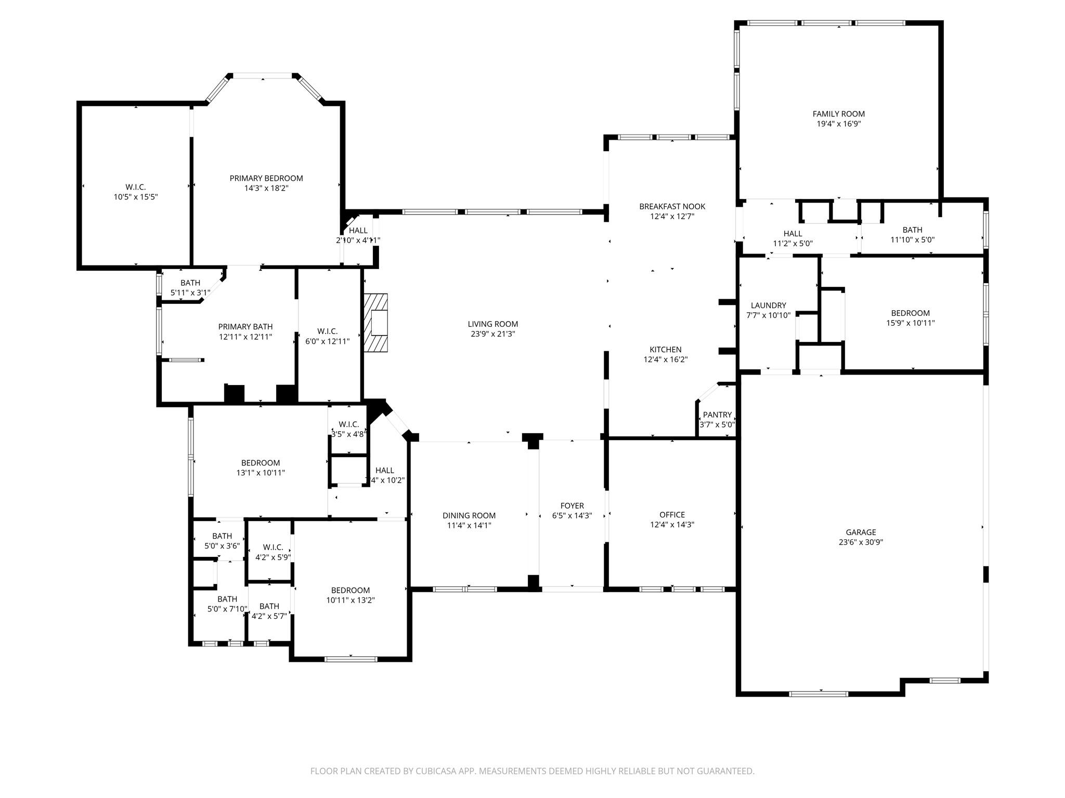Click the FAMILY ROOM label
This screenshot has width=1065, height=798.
[838, 114]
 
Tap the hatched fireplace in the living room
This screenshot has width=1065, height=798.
[376, 323]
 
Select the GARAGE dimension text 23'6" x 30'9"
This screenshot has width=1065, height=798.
[861, 542]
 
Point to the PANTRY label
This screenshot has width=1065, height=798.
[717, 415]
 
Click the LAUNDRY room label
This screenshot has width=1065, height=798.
[768, 305]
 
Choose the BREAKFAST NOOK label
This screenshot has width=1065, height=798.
[672, 206]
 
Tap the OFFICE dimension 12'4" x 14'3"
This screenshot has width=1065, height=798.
[672, 525]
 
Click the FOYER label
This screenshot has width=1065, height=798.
[572, 506]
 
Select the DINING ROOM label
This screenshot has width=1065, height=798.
[469, 515]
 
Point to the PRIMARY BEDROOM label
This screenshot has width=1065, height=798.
[266, 178]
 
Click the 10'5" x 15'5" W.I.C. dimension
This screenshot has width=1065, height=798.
[135, 197]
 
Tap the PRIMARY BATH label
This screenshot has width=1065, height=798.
[245, 327]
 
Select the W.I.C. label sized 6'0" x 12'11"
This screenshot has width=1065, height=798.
[327, 331]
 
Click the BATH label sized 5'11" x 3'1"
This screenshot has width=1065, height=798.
[190, 283]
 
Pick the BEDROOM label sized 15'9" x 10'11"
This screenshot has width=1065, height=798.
[910, 313]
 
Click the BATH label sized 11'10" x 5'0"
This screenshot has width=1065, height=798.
[912, 230]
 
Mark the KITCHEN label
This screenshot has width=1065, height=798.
[665, 350]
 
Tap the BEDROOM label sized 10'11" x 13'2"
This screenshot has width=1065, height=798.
[350, 590]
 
